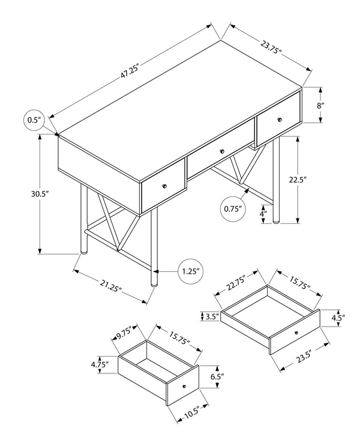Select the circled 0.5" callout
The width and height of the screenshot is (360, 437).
(34, 120)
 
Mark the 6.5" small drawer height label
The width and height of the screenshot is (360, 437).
(217, 378)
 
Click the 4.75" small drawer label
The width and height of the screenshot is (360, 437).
(99, 364)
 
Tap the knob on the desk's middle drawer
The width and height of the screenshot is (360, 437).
(221, 152)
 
